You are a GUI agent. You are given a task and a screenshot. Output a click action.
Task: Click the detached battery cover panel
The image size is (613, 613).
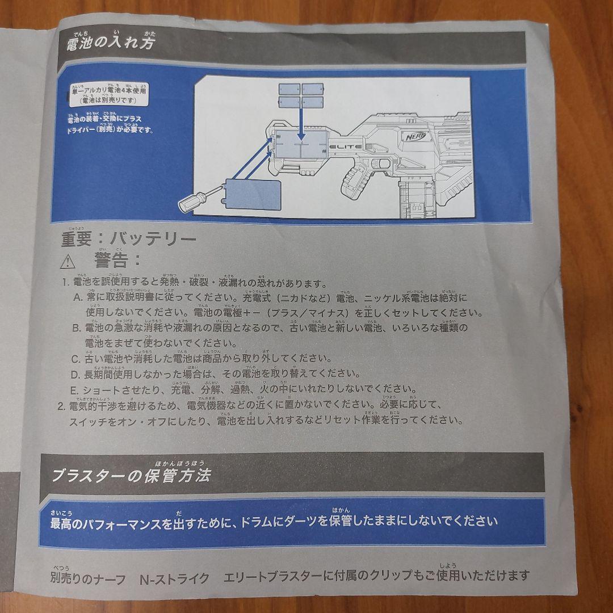[x=253, y=195]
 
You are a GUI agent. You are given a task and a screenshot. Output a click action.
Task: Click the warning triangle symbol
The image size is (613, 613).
[x=68, y=262]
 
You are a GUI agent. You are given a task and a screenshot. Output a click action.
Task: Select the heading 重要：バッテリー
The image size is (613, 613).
[x=128, y=239]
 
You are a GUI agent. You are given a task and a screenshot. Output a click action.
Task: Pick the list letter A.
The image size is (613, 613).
[x=77, y=297]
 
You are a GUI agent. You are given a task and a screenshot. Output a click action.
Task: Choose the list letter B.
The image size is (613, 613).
[x=76, y=328]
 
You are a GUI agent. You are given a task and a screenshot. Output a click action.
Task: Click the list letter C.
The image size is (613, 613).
[x=75, y=359]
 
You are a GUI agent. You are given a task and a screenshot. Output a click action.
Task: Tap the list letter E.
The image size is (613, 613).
[x=74, y=390]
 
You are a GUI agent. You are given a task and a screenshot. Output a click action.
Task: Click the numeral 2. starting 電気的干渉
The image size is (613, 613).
[x=62, y=406]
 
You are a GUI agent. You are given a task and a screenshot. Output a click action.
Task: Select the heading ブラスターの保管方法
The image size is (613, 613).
[x=131, y=475]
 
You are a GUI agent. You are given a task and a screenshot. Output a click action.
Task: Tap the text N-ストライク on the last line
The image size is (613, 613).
[x=175, y=579]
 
